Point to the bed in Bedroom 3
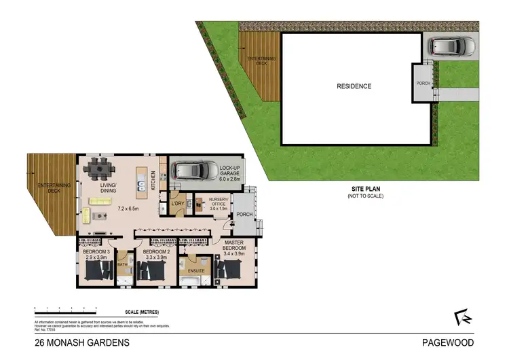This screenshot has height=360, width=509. coord(98,272)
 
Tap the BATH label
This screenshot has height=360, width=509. coord(123,264)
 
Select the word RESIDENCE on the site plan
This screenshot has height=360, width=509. coord(355,86)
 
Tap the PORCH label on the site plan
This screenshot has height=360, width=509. coord(423,83)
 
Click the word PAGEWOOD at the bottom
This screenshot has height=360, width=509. coord(447,343)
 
